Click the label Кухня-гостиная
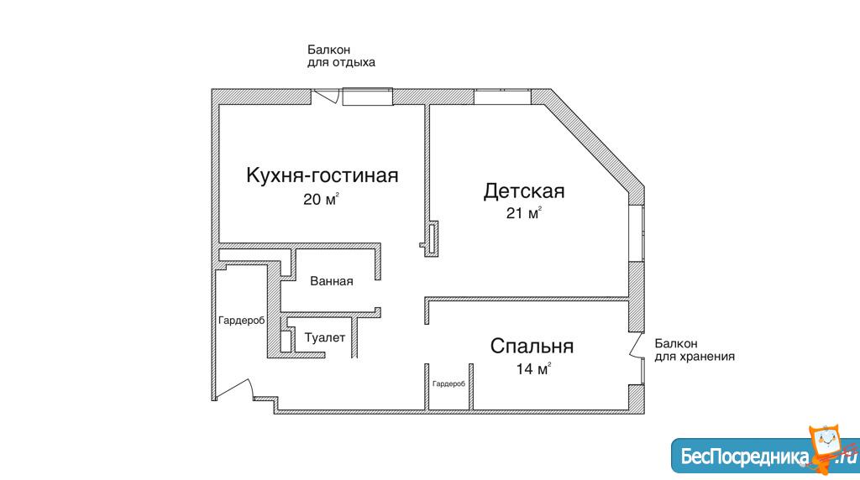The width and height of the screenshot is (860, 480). tap(322, 175)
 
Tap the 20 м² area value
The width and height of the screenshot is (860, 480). tap(321, 199)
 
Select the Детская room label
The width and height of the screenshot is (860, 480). tap(524, 191)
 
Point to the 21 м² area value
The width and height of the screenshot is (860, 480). tap(524, 212)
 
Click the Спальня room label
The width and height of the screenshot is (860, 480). tap(532, 347)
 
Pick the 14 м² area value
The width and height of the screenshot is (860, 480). tap(533, 368)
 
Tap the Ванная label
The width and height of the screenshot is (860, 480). tap(331, 281)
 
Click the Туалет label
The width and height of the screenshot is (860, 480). tap(325, 337)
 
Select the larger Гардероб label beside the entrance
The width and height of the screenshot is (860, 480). tap(241, 321)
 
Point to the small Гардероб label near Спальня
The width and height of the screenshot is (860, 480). tap(448, 384)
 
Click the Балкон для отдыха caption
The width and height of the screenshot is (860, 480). tap(341, 56)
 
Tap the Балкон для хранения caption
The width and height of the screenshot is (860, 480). tap(695, 350)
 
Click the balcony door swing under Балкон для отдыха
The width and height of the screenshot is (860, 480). tap(326, 97)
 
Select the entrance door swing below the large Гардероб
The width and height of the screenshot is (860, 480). tap(233, 389)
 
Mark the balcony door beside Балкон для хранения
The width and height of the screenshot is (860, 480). tap(637, 345)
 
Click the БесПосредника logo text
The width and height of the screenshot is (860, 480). tap(745, 457)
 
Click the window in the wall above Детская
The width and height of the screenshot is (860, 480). tap(502, 97)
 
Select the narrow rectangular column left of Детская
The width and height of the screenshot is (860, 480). tap(433, 238)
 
